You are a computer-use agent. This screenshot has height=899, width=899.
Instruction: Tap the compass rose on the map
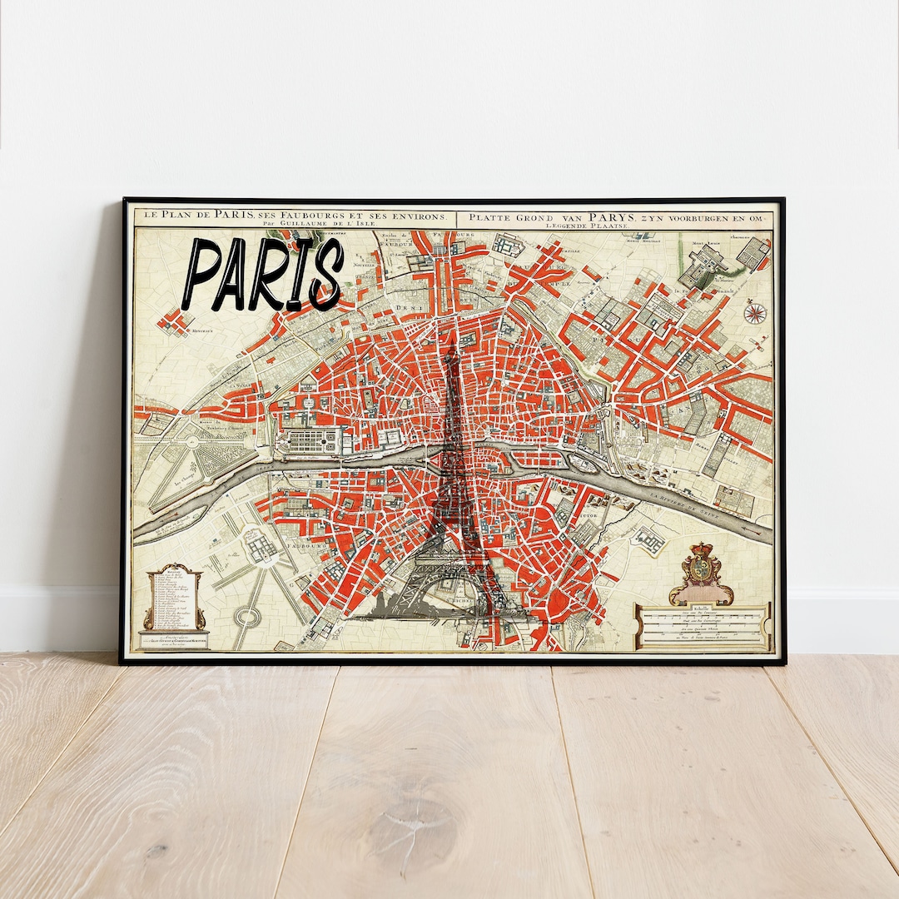pyautogui.click(x=756, y=313)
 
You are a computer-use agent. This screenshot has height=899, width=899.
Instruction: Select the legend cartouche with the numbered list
pyautogui.click(x=174, y=599)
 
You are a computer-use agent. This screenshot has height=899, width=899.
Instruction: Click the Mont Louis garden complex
pyautogui.click(x=707, y=263)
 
